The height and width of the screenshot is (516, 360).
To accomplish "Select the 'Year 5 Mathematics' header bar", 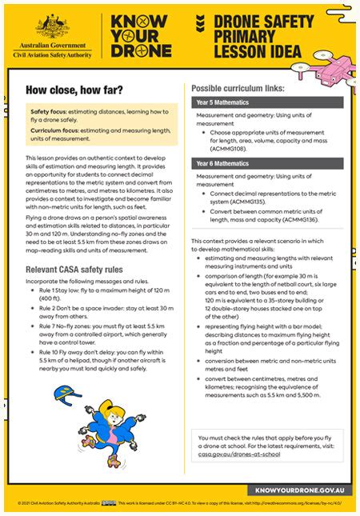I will click(x=267, y=103).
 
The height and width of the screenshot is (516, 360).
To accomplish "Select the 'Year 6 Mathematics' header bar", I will click(x=267, y=163).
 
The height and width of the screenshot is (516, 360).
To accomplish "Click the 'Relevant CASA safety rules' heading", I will click(x=81, y=270).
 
